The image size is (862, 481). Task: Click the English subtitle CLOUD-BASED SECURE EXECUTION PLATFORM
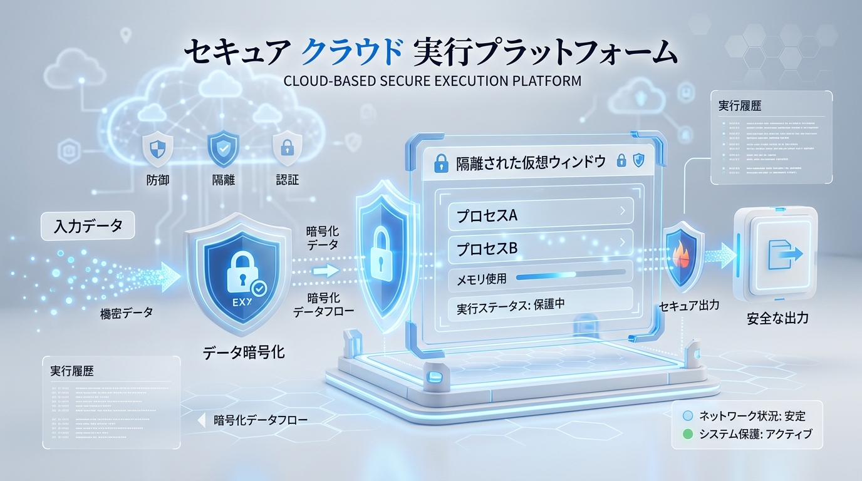[x=432, y=81]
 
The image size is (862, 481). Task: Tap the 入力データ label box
[x=88, y=226]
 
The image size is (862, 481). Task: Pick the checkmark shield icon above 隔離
[x=222, y=148]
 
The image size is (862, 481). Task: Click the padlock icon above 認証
[x=287, y=148]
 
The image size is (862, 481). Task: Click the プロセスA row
[x=539, y=215]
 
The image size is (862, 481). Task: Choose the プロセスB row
[x=539, y=248]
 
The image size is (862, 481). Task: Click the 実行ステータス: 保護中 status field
[x=539, y=308]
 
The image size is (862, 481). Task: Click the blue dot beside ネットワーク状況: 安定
[x=687, y=416]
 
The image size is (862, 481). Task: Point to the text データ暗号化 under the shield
[x=244, y=353]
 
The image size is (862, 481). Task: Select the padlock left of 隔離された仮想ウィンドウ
[x=440, y=164]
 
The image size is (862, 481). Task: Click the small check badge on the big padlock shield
[x=257, y=288]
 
